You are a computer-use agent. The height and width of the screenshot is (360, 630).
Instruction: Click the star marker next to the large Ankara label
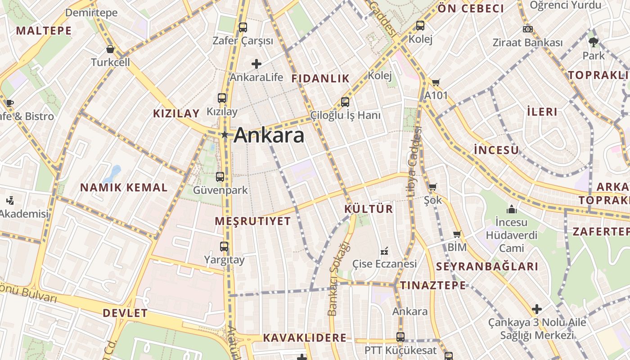click(x=224, y=135)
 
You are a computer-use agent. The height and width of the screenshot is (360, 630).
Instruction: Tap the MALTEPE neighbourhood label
click(x=44, y=31)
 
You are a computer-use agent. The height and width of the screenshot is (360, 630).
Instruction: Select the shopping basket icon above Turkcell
click(x=110, y=49)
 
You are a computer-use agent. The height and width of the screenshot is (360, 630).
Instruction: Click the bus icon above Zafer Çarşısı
click(x=243, y=27)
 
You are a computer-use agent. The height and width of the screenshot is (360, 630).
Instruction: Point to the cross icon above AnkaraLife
click(x=256, y=64)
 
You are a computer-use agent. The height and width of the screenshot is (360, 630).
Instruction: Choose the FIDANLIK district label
click(x=320, y=78)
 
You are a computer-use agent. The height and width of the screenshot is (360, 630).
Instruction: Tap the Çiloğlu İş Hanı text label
click(x=345, y=115)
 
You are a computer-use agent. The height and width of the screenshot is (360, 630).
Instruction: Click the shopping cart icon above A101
click(x=436, y=82)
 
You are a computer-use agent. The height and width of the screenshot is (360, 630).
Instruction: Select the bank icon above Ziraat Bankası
click(x=528, y=29)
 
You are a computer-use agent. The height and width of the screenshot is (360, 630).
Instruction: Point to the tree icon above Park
click(x=594, y=42)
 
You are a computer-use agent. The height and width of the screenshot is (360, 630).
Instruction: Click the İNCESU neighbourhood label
click(x=496, y=150)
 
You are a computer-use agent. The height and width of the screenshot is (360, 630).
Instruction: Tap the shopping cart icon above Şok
click(x=432, y=187)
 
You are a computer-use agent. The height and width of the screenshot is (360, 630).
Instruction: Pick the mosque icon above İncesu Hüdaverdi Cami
click(x=511, y=209)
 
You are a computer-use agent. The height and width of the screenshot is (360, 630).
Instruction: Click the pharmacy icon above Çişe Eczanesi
click(x=384, y=251)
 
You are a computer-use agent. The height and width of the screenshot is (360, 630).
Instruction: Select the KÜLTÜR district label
click(x=369, y=209)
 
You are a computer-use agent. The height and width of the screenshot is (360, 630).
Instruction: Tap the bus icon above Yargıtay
click(x=224, y=247)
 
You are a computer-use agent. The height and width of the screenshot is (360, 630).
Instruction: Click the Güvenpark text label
click(x=220, y=190)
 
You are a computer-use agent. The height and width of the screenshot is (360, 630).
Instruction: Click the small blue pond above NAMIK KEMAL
click(x=112, y=174)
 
